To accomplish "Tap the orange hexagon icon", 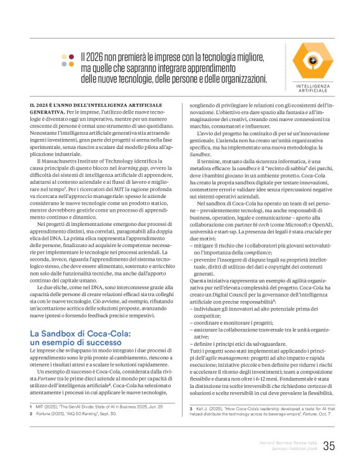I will [314, 60].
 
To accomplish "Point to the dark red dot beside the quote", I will [72, 56].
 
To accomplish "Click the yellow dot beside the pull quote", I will [64, 56].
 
